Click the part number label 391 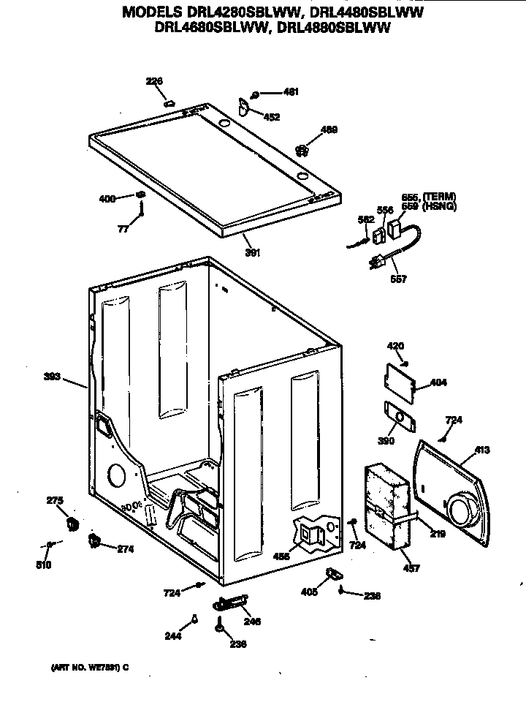point(252,253)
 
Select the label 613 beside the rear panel point(483,450)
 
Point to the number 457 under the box point(411,568)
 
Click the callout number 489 point(329,130)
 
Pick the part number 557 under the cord point(399,279)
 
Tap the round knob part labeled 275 point(72,524)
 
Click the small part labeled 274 point(94,540)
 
